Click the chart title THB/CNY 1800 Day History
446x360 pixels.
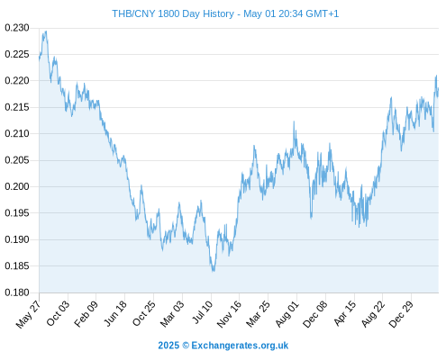(173, 13)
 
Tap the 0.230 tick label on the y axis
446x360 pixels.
(17, 28)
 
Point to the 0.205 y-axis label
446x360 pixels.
(17, 160)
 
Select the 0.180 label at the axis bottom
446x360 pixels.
(17, 292)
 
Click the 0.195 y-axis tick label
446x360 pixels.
(17, 213)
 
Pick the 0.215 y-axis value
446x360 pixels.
(17, 107)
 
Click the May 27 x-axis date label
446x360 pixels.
(28, 314)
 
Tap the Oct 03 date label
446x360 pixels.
(58, 313)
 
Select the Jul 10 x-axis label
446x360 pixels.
(203, 312)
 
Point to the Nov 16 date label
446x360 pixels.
(229, 314)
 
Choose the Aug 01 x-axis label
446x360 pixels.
(287, 314)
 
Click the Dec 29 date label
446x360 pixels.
(401, 314)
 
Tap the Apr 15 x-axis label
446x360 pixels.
(345, 313)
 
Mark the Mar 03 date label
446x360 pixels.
(172, 314)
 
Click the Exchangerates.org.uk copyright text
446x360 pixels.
(240, 346)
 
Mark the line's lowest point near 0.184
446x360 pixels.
(214, 271)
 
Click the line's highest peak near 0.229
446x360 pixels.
(46, 31)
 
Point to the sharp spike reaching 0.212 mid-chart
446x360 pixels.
(294, 121)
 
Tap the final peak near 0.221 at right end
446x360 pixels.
(436, 76)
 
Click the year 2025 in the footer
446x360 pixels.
(168, 346)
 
